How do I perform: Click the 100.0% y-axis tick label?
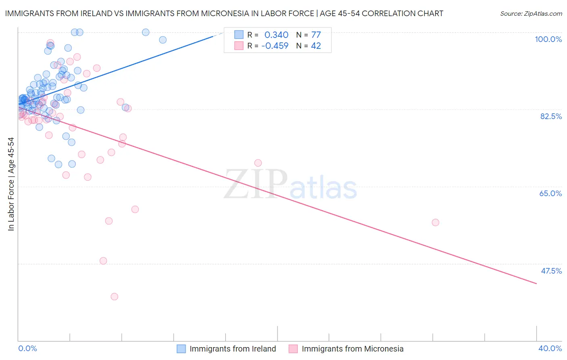548,39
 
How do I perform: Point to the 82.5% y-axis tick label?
551,116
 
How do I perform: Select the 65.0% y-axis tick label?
550,193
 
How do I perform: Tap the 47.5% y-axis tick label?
551,271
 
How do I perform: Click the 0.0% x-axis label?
27,348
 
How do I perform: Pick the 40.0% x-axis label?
550,348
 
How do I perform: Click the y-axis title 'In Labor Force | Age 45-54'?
11,184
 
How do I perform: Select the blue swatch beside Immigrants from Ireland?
181,349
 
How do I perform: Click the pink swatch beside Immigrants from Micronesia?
293,349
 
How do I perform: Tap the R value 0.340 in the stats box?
276,35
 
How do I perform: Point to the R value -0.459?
275,46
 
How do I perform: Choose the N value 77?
316,35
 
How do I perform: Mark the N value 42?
316,46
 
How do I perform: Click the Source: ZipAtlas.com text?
531,14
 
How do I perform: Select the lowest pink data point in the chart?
114,297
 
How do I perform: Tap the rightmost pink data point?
435,222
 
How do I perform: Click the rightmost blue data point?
163,40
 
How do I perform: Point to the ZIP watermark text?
256,185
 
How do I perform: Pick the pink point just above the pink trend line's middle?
258,163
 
